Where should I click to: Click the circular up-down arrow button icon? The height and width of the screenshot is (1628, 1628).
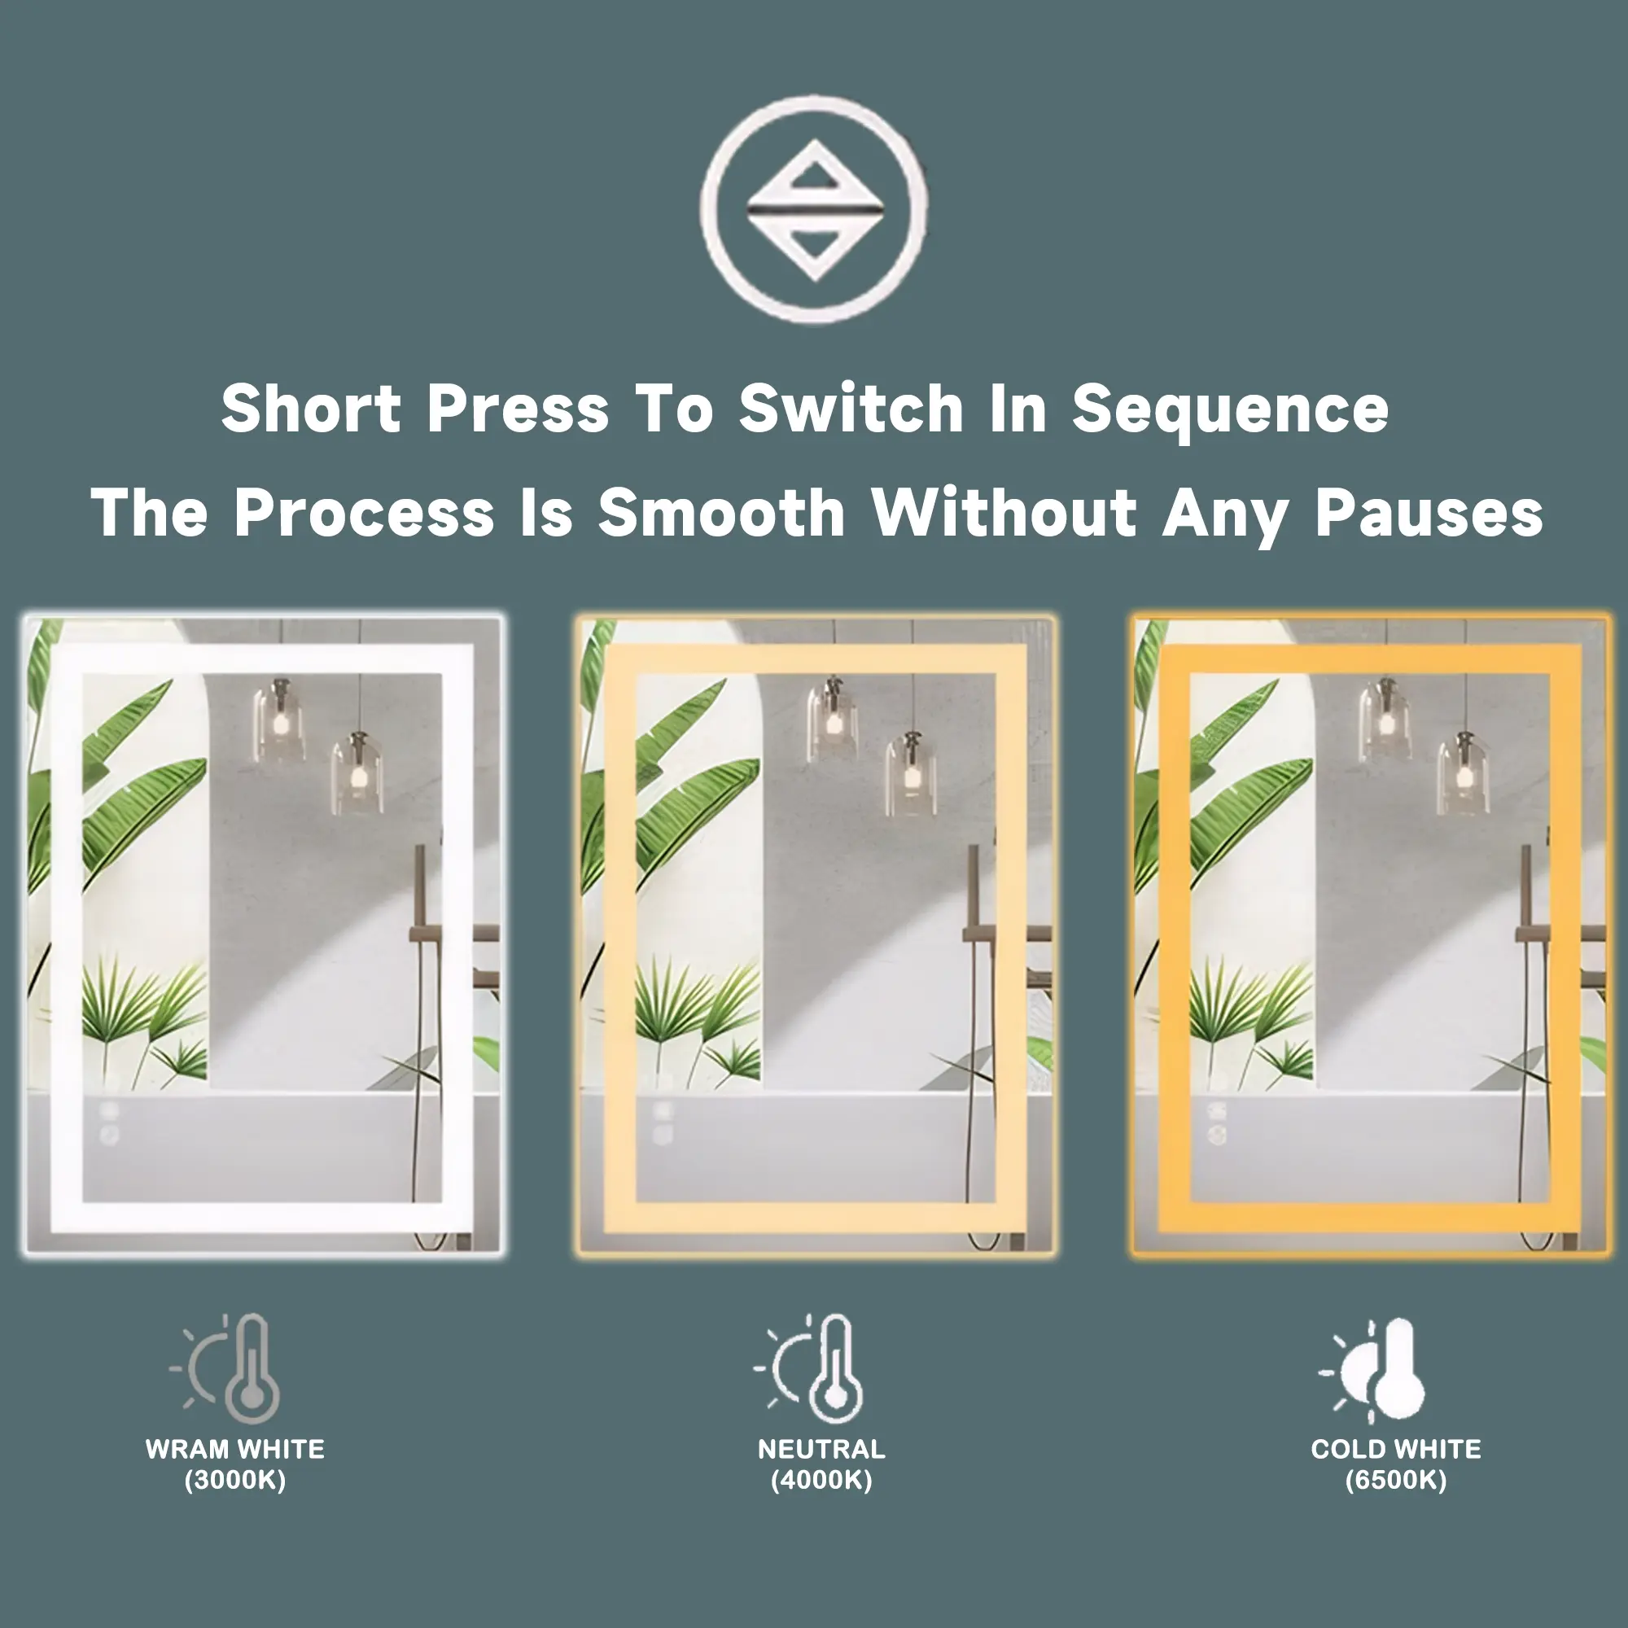pyautogui.click(x=814, y=209)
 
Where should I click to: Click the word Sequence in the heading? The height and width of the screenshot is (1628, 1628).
pyautogui.click(x=1230, y=411)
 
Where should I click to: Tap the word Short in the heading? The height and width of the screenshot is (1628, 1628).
pyautogui.click(x=311, y=408)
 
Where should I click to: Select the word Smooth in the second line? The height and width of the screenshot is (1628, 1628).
pyautogui.click(x=721, y=512)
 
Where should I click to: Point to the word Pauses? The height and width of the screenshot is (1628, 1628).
pyautogui.click(x=1429, y=513)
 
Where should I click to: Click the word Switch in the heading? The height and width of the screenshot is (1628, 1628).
pyautogui.click(x=851, y=408)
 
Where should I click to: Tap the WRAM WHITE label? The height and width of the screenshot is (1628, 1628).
pyautogui.click(x=235, y=1450)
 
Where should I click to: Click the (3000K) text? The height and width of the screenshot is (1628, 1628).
pyautogui.click(x=235, y=1481)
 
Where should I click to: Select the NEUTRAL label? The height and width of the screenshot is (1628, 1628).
pyautogui.click(x=821, y=1450)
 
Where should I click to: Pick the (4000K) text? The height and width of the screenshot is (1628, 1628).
pyautogui.click(x=821, y=1481)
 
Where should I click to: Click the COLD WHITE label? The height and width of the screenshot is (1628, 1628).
pyautogui.click(x=1396, y=1450)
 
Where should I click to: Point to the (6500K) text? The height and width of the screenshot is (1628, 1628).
pyautogui.click(x=1396, y=1481)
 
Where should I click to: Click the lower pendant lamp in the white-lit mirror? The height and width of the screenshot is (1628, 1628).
pyautogui.click(x=358, y=772)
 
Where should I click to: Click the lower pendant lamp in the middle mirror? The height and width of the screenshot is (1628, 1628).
pyautogui.click(x=911, y=772)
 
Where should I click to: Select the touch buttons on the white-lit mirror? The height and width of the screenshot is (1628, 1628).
pyautogui.click(x=110, y=1123)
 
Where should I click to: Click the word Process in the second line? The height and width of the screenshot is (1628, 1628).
pyautogui.click(x=364, y=512)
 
